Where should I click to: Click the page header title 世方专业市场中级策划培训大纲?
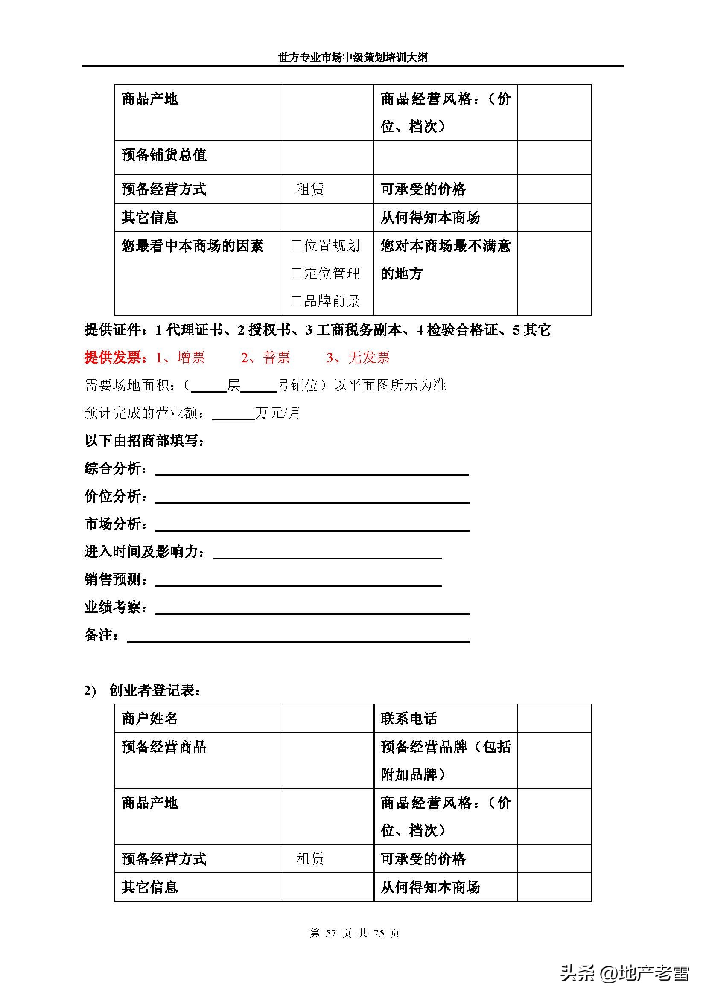(x=353, y=57)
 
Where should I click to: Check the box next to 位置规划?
(x=296, y=246)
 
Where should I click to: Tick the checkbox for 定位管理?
(x=296, y=273)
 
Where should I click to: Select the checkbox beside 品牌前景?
(x=296, y=300)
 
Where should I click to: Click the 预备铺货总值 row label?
(x=164, y=155)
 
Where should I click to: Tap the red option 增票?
(x=191, y=357)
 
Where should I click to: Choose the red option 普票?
(x=277, y=357)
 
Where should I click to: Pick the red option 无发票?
(x=369, y=357)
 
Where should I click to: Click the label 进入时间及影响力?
(x=144, y=552)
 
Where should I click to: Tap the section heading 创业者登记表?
(x=155, y=690)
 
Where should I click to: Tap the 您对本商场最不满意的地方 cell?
(x=445, y=259)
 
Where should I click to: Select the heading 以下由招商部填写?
(x=144, y=441)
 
